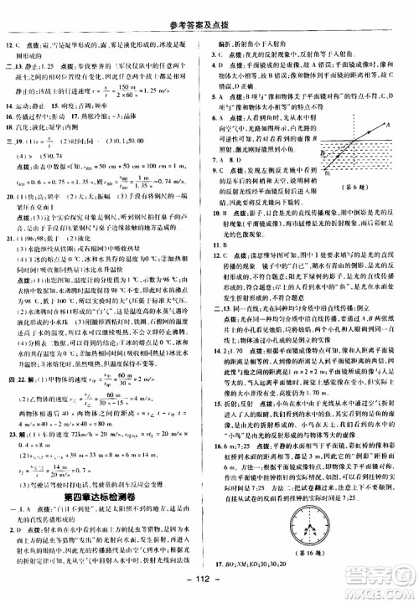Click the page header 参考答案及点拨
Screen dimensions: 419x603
pos(209,9)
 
